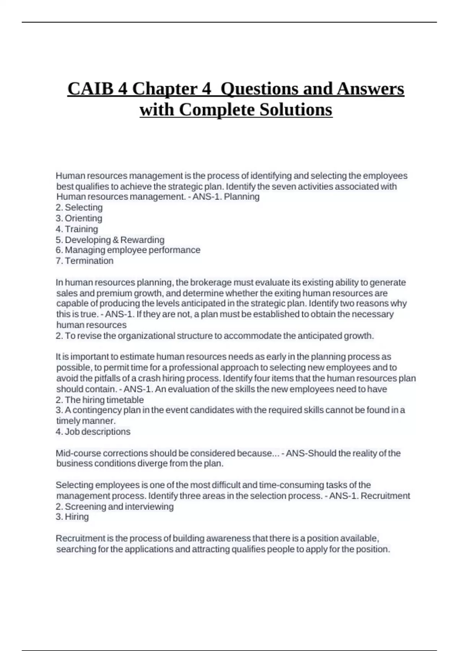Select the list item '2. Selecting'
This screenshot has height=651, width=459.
79,208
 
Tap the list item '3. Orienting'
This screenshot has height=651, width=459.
79,218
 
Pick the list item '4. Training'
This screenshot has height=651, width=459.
77,229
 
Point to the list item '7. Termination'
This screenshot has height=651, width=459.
85,261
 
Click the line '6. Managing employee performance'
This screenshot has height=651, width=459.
128,250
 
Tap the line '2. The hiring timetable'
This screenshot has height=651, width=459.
100,400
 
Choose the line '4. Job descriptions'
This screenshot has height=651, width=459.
93,432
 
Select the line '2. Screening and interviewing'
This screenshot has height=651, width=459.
115,507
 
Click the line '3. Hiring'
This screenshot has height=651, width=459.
72,517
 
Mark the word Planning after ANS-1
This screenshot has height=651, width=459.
242,197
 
